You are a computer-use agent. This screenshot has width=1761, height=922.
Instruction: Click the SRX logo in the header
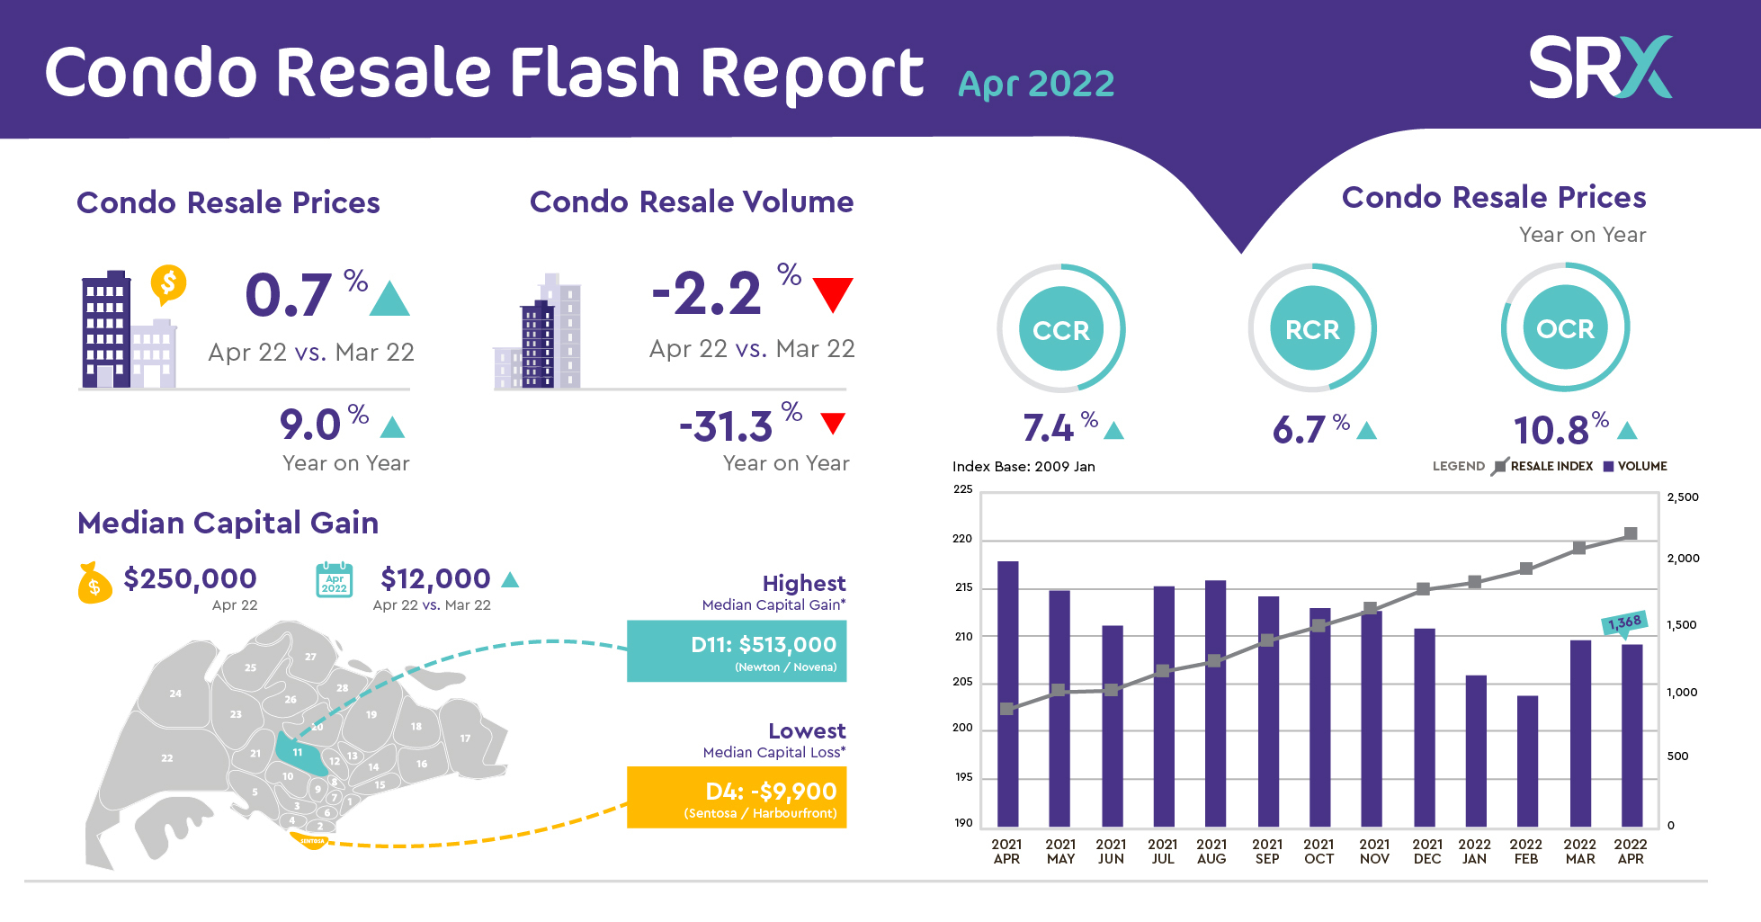1600,67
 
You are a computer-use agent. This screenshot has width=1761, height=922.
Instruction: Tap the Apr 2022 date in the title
1036,85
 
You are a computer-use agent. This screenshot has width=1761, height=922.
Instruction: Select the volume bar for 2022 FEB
1527,760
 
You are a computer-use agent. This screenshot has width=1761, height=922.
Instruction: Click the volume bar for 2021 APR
1007,693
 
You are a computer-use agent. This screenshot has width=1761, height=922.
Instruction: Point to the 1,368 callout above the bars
1624,622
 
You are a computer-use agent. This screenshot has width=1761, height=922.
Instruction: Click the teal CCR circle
1061,329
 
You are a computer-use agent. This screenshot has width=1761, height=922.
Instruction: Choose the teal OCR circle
1565,328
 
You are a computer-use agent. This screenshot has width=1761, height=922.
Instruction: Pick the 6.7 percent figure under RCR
1300,430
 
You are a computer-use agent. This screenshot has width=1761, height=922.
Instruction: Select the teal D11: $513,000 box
737,651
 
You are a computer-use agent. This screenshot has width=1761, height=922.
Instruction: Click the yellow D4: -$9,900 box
737,797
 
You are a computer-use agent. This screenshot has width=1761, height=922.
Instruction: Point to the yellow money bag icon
94,583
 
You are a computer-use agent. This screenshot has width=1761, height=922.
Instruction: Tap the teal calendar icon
335,580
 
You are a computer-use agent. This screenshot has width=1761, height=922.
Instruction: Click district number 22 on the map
167,758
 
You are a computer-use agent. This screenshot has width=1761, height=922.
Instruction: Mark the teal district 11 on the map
299,754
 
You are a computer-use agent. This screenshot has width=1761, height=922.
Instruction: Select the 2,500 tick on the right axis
1683,497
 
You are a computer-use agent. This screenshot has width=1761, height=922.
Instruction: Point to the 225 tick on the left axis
963,489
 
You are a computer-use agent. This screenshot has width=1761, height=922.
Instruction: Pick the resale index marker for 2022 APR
1631,533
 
